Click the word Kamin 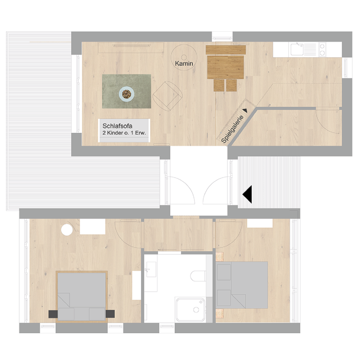pyautogui.click(x=184, y=63)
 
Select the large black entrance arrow pyautogui.click(x=247, y=194)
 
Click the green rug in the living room pyautogui.click(x=126, y=91)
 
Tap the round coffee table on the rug pyautogui.click(x=126, y=94)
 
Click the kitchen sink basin pyautogui.click(x=297, y=50)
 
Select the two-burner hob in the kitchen pyautogui.click(x=322, y=50)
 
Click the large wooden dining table pyautogui.click(x=226, y=67)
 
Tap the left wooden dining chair pyautogui.click(x=219, y=85)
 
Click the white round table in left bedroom pyautogui.click(x=67, y=230)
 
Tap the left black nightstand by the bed pyautogui.click(x=53, y=314)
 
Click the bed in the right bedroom pyautogui.click(x=242, y=285)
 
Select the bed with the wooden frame pyautogui.click(x=82, y=297)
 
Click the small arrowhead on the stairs pyautogui.click(x=245, y=110)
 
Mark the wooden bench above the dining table pyautogui.click(x=226, y=50)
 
